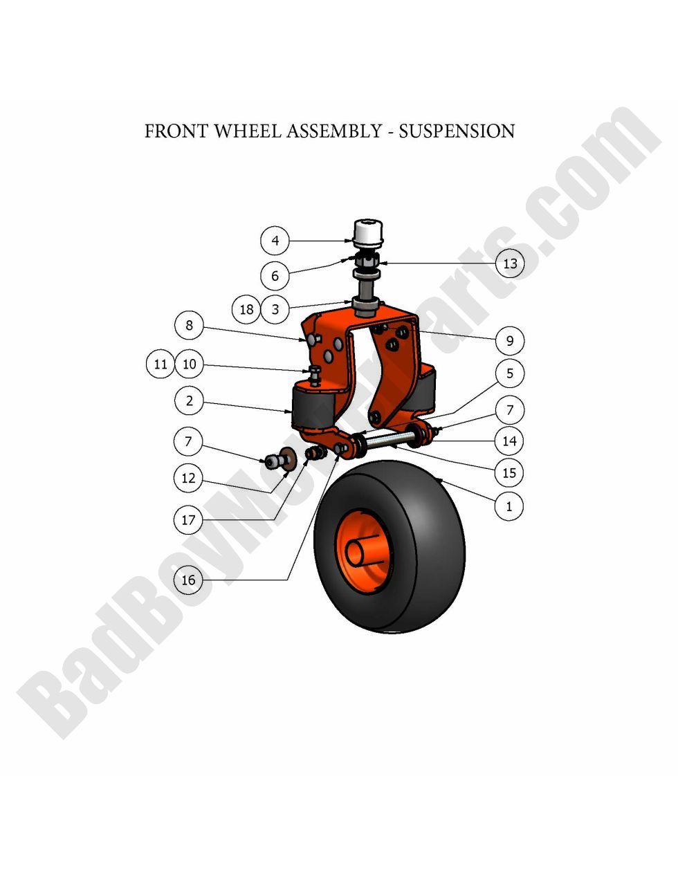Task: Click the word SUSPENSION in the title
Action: (457, 131)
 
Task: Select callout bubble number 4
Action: (275, 241)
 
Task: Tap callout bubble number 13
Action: (510, 264)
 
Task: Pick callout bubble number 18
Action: (246, 309)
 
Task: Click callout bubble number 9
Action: (510, 340)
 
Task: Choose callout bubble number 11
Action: (161, 364)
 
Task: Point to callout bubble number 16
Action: (188, 580)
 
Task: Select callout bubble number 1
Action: (509, 506)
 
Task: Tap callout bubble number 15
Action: (509, 473)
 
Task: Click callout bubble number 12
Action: (188, 478)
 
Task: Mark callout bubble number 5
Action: (510, 373)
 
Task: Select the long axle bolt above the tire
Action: (391, 440)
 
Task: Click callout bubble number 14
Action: (509, 441)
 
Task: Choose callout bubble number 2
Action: (188, 400)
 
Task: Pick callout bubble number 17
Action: (188, 519)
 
